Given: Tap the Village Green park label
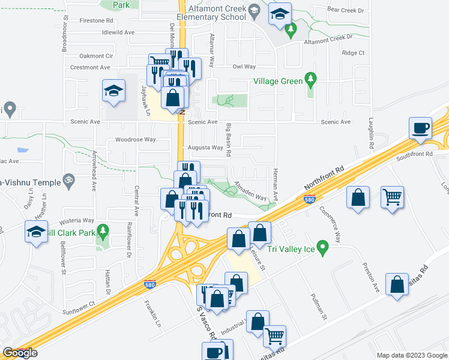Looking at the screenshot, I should [x=277, y=81].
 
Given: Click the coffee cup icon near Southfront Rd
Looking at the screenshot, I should [x=420, y=128].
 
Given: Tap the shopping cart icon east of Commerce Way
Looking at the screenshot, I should [x=392, y=197].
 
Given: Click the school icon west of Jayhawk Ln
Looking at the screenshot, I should [x=113, y=91].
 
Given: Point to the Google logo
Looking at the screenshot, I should [x=20, y=353].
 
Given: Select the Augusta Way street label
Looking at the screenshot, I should [x=205, y=148].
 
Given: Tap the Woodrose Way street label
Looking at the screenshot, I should [x=135, y=140].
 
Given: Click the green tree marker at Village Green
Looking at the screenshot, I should [x=310, y=79].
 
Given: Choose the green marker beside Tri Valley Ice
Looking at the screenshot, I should [x=323, y=247].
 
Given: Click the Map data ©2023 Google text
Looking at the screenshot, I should [x=411, y=355].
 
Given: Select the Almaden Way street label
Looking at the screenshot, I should [x=250, y=191].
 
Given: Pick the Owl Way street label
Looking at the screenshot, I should [x=244, y=67].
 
